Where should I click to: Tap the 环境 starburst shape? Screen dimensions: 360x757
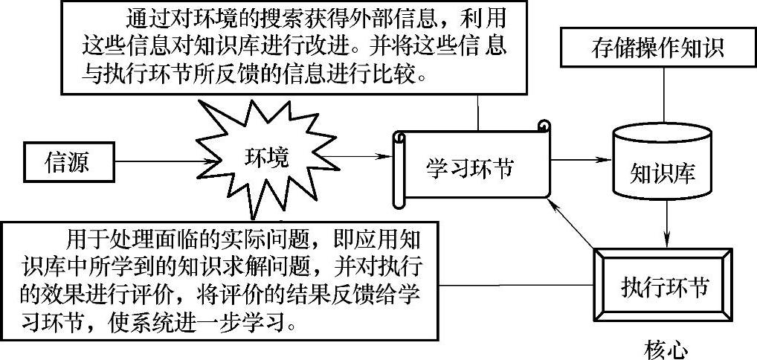[x=265, y=158]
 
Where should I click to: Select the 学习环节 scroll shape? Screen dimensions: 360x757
[x=471, y=167]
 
